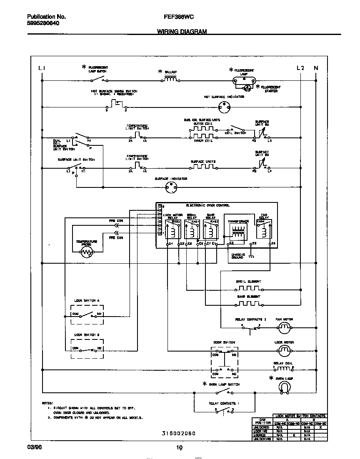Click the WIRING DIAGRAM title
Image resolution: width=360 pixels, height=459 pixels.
182,32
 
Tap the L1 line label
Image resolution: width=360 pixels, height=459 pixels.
41,68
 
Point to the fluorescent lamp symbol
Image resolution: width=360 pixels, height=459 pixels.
244,80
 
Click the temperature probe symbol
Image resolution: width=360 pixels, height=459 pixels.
87,251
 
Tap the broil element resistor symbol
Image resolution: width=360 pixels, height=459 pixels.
249,288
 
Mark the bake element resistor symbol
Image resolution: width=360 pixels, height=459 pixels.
249,302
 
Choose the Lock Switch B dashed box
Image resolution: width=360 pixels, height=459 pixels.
87,349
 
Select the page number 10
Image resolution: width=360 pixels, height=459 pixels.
179,448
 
